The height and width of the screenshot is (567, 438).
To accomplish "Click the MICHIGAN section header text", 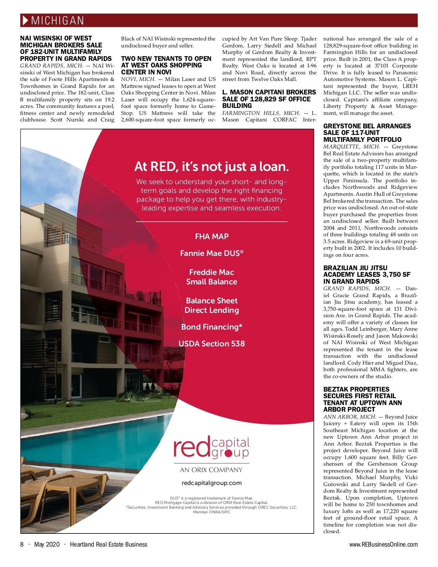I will click(x=58, y=20).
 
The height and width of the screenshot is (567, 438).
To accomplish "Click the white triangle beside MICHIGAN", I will click(x=25, y=20).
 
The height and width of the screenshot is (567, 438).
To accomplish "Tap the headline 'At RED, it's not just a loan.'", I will click(x=211, y=167).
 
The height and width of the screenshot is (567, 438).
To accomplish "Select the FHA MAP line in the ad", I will click(x=212, y=236).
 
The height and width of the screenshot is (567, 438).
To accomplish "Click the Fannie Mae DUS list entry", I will click(x=212, y=253).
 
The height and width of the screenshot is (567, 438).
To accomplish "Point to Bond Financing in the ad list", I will click(x=212, y=327).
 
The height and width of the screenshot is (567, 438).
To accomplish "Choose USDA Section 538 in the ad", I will click(x=212, y=343).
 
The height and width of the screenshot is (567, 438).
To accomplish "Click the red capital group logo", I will click(x=211, y=447).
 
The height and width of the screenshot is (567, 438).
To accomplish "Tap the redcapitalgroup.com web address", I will click(x=212, y=483).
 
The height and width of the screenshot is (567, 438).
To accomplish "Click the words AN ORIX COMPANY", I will click(x=211, y=470).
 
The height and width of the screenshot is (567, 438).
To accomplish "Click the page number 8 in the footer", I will click(x=22, y=544).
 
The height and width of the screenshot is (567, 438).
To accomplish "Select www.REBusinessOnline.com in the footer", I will click(x=383, y=544).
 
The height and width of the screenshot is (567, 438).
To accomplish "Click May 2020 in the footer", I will click(x=47, y=544).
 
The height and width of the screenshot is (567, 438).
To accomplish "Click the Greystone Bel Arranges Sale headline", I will click(x=367, y=133).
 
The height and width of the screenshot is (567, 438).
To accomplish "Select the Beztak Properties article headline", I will click(x=362, y=399).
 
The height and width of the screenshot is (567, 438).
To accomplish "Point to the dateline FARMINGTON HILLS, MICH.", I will click(x=261, y=113).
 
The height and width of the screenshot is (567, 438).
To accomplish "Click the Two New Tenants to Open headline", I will click(x=166, y=65).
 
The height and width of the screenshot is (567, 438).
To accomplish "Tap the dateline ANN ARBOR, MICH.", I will click(x=350, y=417).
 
